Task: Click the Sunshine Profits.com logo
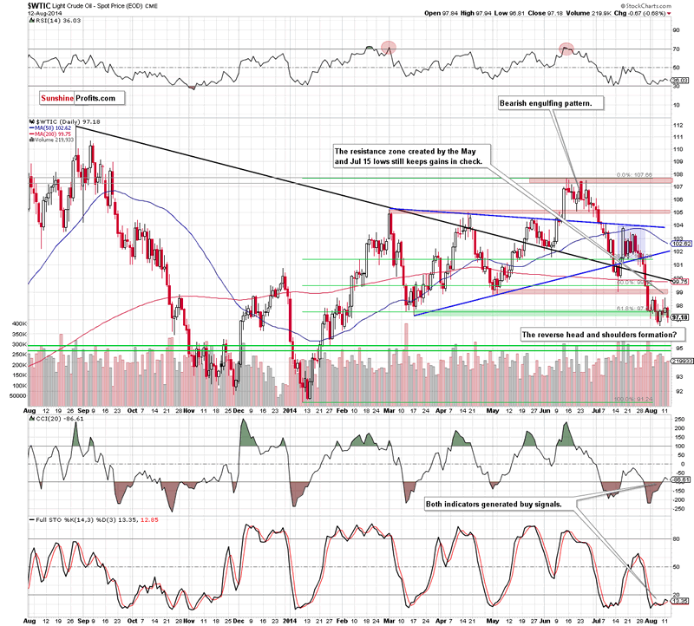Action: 77,98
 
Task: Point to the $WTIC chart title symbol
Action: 20,4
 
